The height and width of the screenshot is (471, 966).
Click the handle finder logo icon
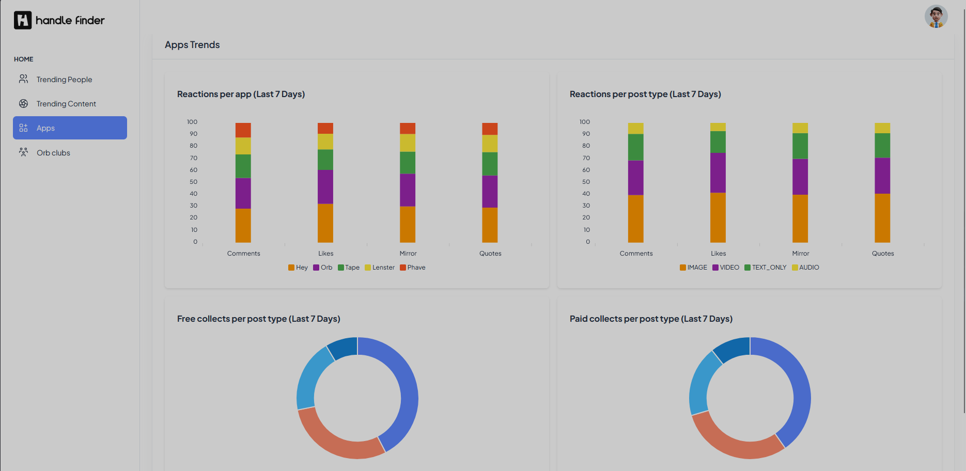tap(23, 20)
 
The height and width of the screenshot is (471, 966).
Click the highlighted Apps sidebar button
tap(70, 128)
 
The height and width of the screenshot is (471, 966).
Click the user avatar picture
tap(936, 17)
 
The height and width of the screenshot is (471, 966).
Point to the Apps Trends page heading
tap(192, 45)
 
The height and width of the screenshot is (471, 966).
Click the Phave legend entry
tap(413, 268)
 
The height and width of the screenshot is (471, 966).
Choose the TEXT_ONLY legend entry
tap(766, 268)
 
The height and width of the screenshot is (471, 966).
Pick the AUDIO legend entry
tap(806, 268)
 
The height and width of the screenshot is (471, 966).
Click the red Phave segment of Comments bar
tap(243, 130)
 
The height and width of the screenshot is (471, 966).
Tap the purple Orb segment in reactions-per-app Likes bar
tap(325, 187)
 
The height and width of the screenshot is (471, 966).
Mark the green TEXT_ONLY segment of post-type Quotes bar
tap(882, 146)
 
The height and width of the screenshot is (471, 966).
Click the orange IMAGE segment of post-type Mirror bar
tap(800, 218)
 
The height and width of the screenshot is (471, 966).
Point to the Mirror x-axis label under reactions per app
tap(408, 254)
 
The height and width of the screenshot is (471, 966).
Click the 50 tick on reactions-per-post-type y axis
tap(586, 182)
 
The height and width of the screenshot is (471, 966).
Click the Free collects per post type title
tap(259, 319)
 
